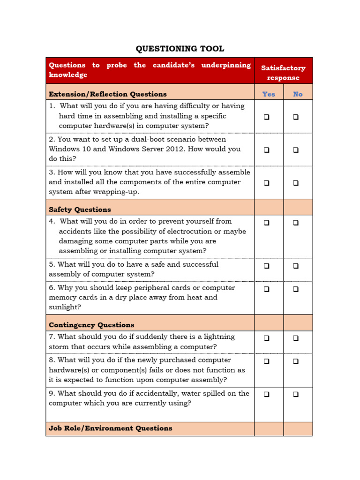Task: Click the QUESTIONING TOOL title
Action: click(x=180, y=49)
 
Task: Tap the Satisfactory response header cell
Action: click(x=283, y=73)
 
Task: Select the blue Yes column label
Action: click(x=269, y=94)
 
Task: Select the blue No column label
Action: click(x=298, y=94)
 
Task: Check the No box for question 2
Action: click(x=296, y=150)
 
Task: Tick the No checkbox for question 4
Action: click(x=296, y=223)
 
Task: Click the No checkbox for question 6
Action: click(x=296, y=289)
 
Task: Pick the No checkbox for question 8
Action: click(x=296, y=361)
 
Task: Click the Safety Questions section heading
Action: click(x=80, y=210)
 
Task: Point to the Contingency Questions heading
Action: click(x=91, y=325)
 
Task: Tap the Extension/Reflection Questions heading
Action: click(x=107, y=94)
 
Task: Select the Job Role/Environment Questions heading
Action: click(x=110, y=428)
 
